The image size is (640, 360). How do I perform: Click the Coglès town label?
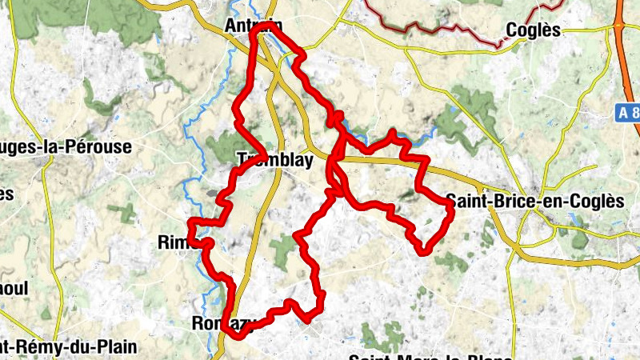pyautogui.click(x=532, y=30)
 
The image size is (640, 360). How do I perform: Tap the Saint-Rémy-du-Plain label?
pyautogui.click(x=67, y=347)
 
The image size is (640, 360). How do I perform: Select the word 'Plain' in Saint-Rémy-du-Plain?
pyautogui.click(x=116, y=347)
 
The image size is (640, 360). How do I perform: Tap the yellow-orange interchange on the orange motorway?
pyautogui.click(x=621, y=25)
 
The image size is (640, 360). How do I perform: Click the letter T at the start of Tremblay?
pyautogui.click(x=242, y=160)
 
